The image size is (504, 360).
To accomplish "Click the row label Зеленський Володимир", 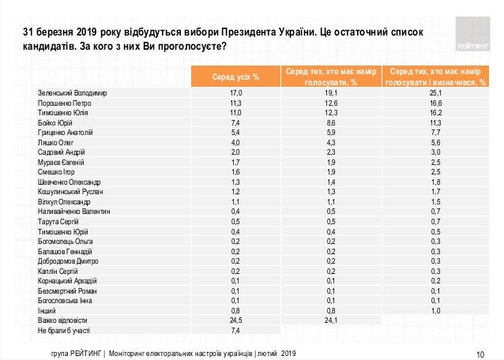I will point(72,93).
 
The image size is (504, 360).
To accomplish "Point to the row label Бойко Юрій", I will point(57,122).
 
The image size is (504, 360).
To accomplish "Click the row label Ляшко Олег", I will point(56,142).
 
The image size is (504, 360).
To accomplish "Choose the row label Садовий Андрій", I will point(61,152).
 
